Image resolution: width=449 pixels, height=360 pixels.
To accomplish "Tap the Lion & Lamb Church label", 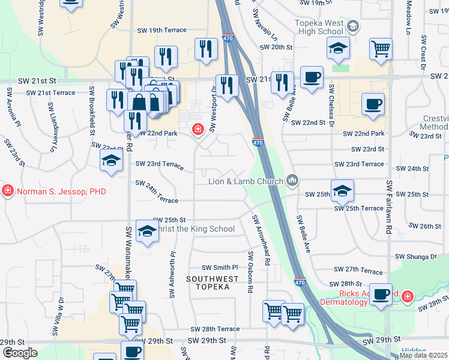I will tap(246, 181).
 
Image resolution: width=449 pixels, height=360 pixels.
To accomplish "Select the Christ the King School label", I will tap(195, 229).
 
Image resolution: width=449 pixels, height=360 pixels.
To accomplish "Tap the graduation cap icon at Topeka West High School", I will tap(354, 26).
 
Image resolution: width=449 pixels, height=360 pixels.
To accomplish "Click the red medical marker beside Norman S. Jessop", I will tap(7, 191).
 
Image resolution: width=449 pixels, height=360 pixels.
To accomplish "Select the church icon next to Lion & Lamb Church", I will tap(292, 179).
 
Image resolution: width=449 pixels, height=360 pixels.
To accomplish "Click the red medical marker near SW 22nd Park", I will tap(197, 129).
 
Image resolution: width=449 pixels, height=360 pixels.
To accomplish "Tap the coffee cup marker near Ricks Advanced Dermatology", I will tap(380, 295).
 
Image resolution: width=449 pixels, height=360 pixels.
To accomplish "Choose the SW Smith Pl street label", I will tap(220, 268).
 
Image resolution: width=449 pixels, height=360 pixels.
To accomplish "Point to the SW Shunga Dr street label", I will tap(416, 256).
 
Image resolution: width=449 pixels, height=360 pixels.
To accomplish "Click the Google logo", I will tap(19, 353).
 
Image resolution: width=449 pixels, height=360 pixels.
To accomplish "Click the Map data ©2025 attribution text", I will tap(423, 355).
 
